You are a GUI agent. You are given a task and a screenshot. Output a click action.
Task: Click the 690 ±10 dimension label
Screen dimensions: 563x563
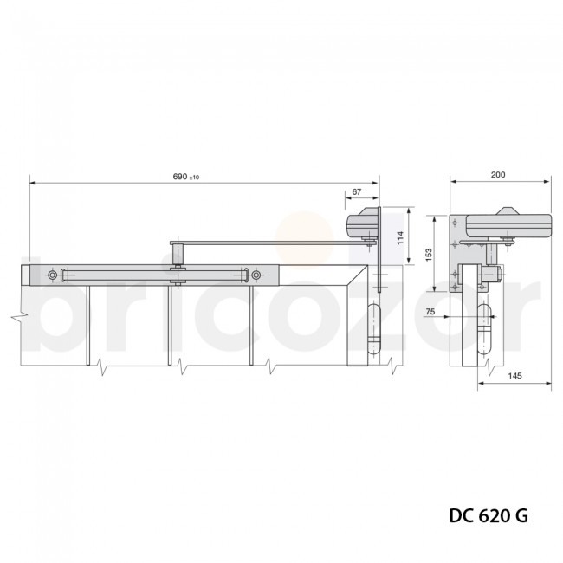point(185,177)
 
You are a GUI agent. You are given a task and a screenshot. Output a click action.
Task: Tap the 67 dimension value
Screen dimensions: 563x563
point(357,192)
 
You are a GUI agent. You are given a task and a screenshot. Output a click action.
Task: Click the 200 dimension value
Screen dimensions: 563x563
point(497,175)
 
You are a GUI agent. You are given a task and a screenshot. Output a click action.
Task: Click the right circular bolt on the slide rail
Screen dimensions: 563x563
point(256,275)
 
